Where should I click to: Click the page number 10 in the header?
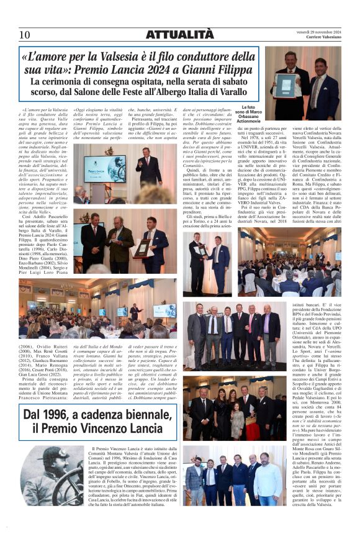click(x=25, y=35)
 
